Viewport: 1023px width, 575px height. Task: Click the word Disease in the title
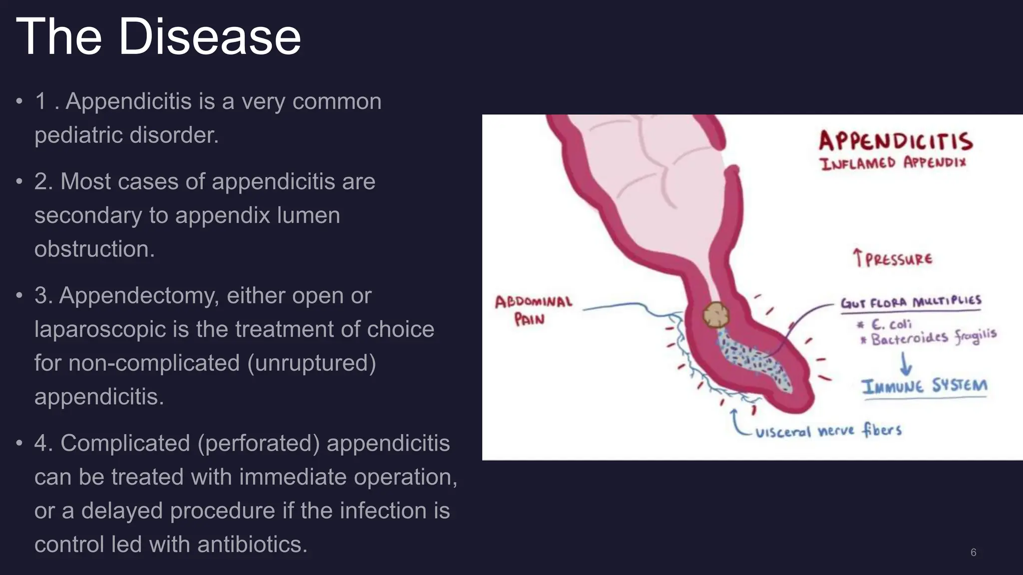(x=209, y=37)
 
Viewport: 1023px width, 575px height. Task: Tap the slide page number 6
(x=973, y=553)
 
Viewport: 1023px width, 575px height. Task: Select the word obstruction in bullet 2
(x=94, y=249)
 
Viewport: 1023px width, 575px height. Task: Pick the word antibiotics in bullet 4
(x=252, y=544)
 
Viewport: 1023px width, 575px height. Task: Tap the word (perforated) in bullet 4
(x=258, y=443)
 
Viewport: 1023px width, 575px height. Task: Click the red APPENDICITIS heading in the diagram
(x=896, y=141)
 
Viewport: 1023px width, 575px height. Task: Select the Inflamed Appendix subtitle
(x=893, y=163)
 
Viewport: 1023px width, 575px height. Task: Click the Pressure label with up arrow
(x=892, y=259)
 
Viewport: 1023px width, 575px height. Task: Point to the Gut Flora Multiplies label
(x=911, y=302)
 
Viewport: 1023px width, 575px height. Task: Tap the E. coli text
(x=891, y=324)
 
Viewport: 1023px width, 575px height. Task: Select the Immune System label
(x=924, y=386)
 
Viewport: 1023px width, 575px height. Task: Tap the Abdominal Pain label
(x=533, y=310)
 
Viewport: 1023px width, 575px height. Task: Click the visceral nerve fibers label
(x=828, y=431)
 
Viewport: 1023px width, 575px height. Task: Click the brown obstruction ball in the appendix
(x=716, y=315)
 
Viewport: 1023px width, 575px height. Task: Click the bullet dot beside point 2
(x=19, y=182)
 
